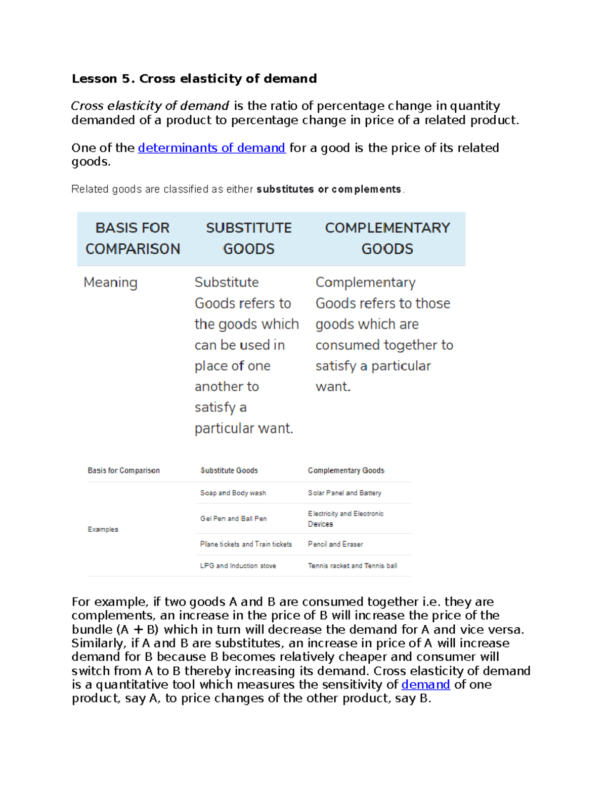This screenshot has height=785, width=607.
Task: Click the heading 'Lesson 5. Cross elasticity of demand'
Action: [194, 78]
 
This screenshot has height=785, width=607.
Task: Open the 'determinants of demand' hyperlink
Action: [211, 148]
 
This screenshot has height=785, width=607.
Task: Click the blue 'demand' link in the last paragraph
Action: [425, 684]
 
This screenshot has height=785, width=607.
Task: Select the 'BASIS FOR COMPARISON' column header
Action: [133, 238]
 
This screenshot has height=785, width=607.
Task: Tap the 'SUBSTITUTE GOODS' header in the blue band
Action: [248, 238]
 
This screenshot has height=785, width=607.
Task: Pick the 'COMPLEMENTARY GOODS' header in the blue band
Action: [387, 238]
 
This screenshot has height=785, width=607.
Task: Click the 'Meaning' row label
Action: [110, 282]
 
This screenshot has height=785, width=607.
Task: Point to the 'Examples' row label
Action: [103, 529]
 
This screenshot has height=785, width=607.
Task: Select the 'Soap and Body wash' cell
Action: [233, 493]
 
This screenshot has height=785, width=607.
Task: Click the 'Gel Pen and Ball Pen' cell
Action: [233, 519]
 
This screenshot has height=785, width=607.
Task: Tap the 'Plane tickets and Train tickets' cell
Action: [246, 544]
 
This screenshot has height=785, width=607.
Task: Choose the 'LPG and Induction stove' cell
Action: [238, 566]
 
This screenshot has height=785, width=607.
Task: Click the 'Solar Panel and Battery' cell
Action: [344, 493]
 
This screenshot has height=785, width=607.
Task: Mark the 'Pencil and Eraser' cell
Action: [335, 544]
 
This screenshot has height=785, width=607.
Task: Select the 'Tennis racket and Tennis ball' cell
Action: [353, 566]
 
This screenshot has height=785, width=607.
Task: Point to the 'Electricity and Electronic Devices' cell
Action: [345, 519]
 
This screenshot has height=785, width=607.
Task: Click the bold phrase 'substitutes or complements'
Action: [329, 189]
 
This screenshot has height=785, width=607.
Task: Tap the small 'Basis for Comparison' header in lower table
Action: [123, 471]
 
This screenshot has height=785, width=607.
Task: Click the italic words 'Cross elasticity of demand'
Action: [150, 106]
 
